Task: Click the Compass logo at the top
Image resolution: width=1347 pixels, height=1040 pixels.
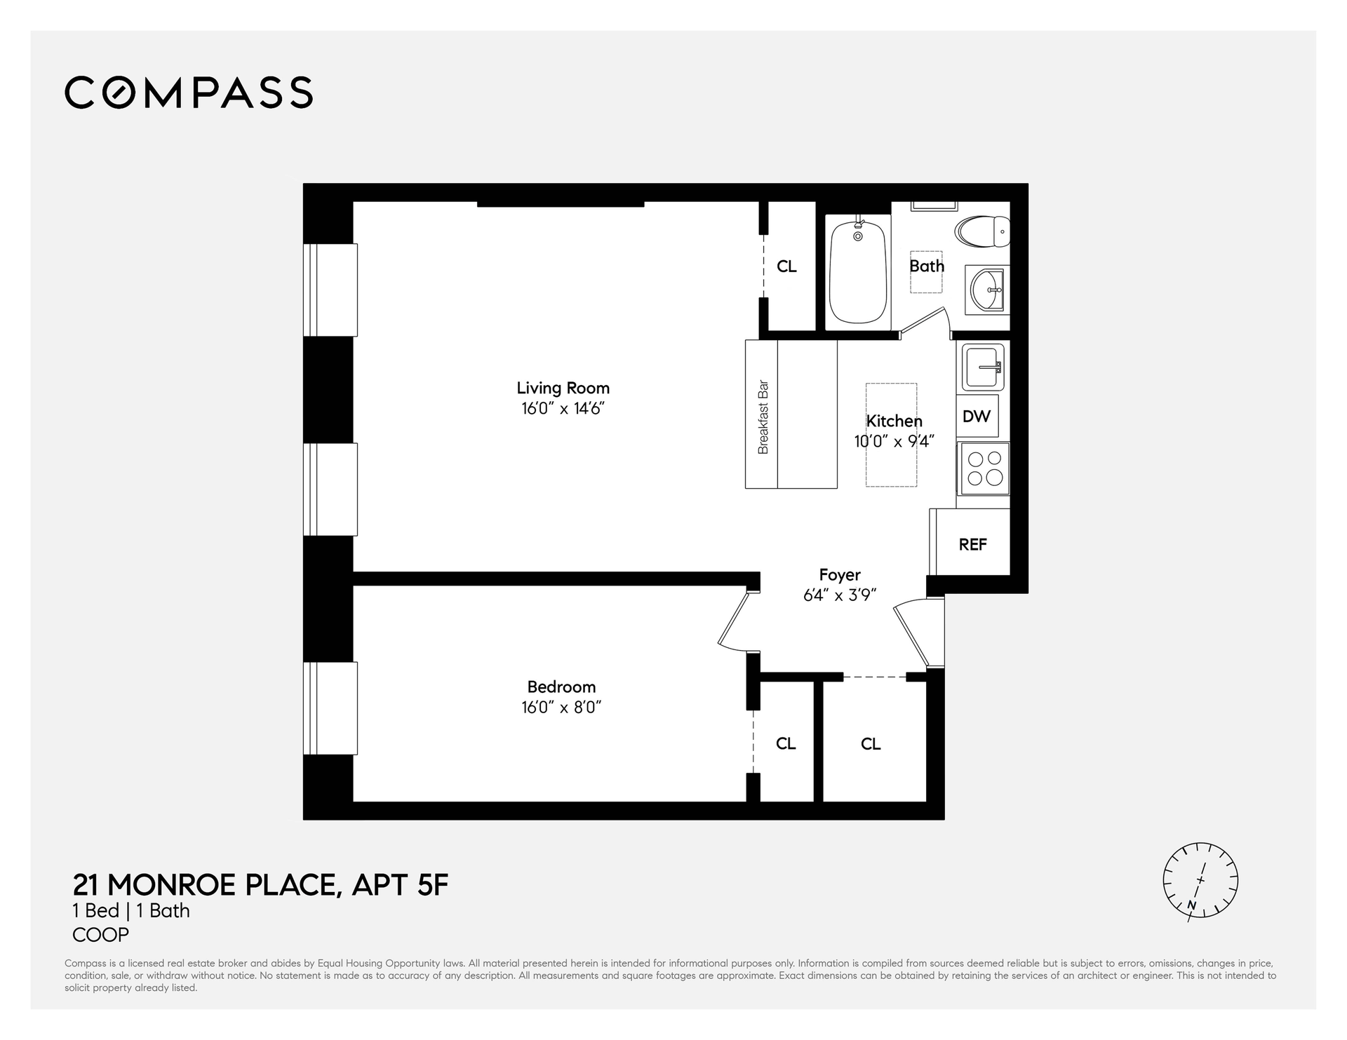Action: point(189,93)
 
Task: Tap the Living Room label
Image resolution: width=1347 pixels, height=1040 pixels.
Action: point(563,388)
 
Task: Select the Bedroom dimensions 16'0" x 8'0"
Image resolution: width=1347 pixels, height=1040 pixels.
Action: point(561,707)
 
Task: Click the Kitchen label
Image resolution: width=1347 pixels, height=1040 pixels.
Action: point(894,421)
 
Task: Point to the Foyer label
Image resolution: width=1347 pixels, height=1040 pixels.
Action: point(840,575)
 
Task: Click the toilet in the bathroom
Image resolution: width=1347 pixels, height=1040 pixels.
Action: point(982,231)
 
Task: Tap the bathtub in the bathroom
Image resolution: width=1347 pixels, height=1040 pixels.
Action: point(857,272)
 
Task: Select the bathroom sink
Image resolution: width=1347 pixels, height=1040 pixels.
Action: point(988,289)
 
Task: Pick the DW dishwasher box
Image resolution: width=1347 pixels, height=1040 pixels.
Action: point(977,417)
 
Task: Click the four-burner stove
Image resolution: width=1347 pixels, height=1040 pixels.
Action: point(984,468)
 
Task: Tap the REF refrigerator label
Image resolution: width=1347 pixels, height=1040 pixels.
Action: point(973,544)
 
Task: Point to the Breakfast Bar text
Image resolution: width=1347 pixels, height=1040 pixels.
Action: point(763,417)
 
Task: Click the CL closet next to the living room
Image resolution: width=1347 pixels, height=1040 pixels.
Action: point(787,266)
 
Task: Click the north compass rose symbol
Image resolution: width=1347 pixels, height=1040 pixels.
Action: point(1200,881)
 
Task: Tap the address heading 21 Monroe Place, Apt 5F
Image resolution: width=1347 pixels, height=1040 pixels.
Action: point(260,885)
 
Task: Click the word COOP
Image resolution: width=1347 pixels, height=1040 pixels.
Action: point(101,935)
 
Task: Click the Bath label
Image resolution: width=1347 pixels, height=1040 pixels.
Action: point(927,266)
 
